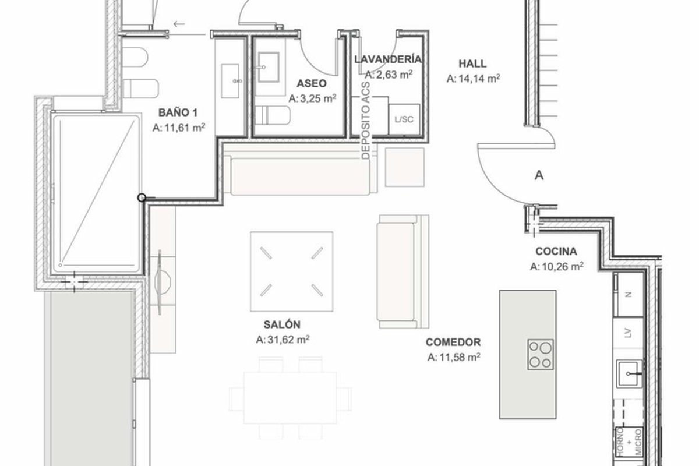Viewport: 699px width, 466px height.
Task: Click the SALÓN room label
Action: pyautogui.click(x=282, y=324)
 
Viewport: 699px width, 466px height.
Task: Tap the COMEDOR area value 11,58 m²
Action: pyautogui.click(x=460, y=356)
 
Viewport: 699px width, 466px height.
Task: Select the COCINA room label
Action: pyautogui.click(x=556, y=251)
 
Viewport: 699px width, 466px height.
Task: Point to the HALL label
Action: pyautogui.click(x=472, y=63)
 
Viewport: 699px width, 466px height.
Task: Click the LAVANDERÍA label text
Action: pyautogui.click(x=388, y=59)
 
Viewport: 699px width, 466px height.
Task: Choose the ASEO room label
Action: pyautogui.click(x=312, y=83)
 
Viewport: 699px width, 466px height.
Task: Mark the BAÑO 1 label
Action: pyautogui.click(x=178, y=112)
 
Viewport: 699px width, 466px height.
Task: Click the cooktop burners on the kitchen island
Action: pyautogui.click(x=541, y=355)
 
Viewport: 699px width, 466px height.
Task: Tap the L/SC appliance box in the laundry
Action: pyautogui.click(x=404, y=119)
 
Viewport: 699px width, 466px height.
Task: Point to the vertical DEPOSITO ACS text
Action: pyautogui.click(x=366, y=121)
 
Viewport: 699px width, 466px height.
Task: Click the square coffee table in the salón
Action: pyautogui.click(x=291, y=271)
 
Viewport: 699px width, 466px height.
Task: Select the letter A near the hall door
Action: pyautogui.click(x=539, y=175)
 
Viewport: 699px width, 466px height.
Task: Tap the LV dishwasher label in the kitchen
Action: pyautogui.click(x=629, y=333)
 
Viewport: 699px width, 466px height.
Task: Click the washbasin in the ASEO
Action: pyautogui.click(x=269, y=67)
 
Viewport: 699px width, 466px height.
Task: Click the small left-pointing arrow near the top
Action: pyautogui.click(x=179, y=24)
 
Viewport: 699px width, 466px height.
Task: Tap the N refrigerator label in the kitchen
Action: pyautogui.click(x=629, y=294)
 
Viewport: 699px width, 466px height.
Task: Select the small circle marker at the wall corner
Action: pyautogui.click(x=142, y=197)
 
